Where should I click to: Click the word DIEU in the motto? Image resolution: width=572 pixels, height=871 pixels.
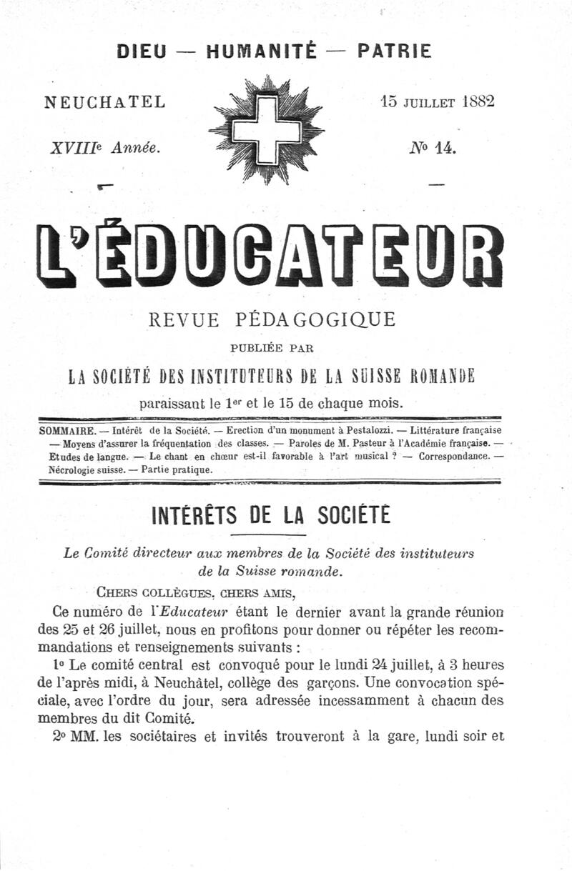(x=143, y=51)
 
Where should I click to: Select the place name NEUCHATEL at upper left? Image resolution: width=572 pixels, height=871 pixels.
(x=105, y=102)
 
